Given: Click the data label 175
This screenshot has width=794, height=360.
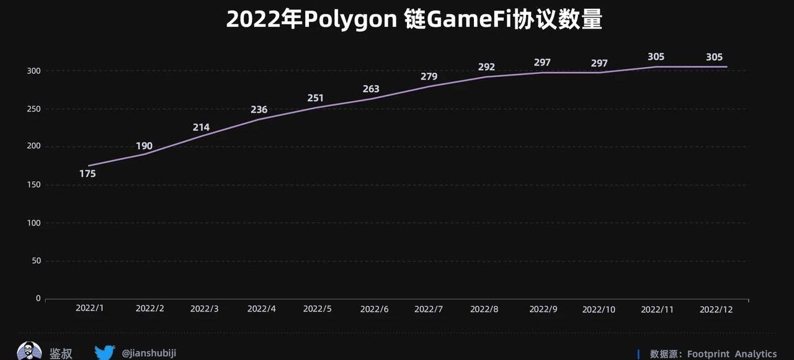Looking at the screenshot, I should coord(87,174).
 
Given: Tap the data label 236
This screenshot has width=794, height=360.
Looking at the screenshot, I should coord(259,110).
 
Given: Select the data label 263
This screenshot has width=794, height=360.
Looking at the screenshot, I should coord(371,89).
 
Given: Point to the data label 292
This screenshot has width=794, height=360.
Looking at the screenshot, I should coord(487,67).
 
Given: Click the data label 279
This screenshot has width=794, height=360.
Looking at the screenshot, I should coord(429,77).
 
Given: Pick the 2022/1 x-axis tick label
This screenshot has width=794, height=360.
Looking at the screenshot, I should coord(89,308).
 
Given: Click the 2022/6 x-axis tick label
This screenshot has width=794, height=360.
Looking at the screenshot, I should coord(374,309).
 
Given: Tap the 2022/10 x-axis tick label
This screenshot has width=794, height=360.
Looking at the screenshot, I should coord(599,309).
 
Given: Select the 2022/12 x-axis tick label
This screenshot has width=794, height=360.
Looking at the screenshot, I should coord(716,309).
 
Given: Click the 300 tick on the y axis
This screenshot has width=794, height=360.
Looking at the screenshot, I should coord(33,71).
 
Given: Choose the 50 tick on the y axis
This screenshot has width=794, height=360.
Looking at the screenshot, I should coord(35,261).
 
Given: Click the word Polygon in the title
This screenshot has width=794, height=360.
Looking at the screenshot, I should coord(350,20).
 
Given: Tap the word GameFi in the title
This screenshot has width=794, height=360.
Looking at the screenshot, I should coord(476,20).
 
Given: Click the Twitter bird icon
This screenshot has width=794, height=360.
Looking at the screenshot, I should coord(105,353).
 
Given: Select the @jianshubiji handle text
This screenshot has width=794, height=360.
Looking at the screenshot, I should coord(149,353).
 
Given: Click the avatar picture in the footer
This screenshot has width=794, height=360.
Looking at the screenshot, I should coord(29,351).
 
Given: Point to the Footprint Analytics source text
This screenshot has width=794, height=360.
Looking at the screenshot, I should coord(731,354).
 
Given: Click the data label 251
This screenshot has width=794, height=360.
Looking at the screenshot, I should coord(315,99).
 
